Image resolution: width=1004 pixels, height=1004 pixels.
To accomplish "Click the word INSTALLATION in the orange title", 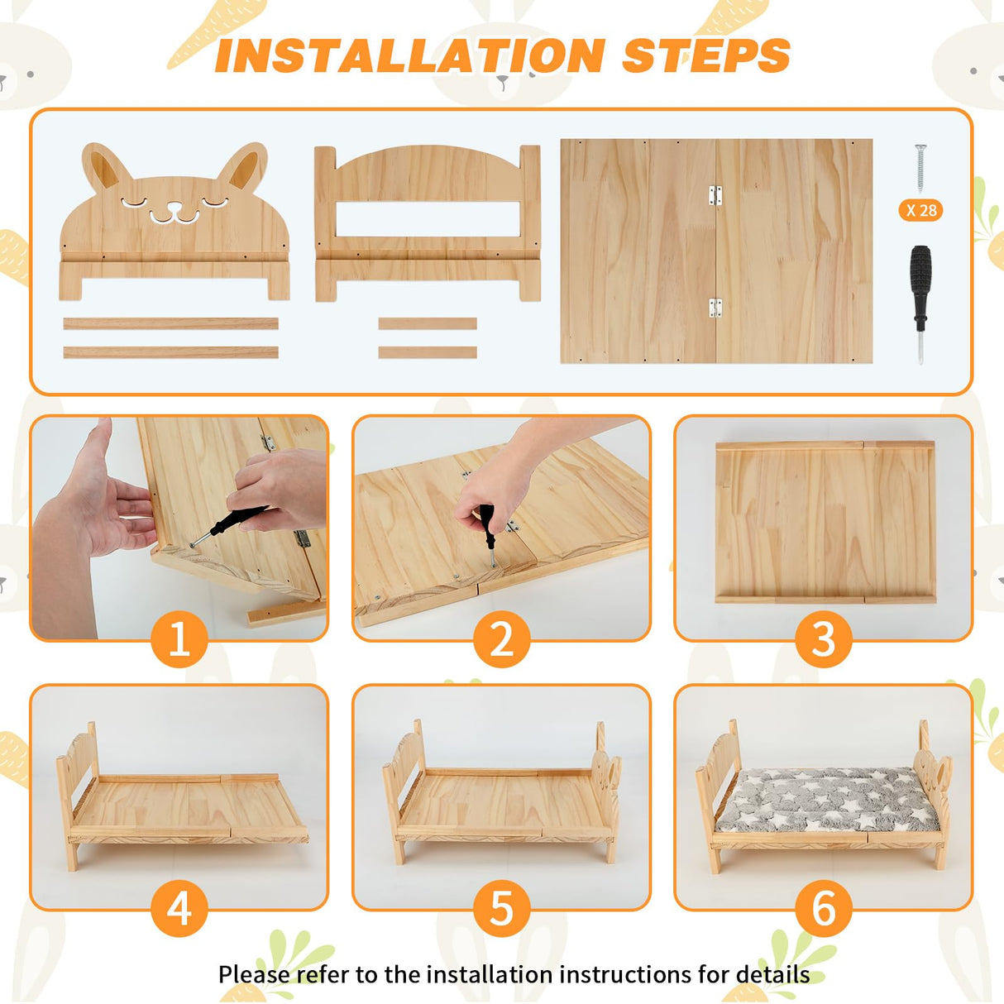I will (409, 56).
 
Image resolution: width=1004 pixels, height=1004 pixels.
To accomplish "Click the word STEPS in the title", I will (705, 56).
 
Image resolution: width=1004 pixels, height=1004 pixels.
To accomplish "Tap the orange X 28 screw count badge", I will (920, 210).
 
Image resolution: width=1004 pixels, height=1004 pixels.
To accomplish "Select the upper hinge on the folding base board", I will (715, 195).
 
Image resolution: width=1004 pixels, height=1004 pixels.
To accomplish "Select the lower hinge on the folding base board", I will (715, 308).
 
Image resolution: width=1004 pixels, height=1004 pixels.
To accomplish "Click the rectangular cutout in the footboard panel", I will (427, 220).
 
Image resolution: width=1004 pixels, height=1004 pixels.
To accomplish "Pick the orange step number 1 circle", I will (179, 639).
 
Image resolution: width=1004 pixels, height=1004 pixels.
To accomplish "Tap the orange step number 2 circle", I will (501, 639).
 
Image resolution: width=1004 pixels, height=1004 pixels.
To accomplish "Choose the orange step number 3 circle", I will (823, 639).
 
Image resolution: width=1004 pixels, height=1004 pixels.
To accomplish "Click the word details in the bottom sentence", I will (772, 974).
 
